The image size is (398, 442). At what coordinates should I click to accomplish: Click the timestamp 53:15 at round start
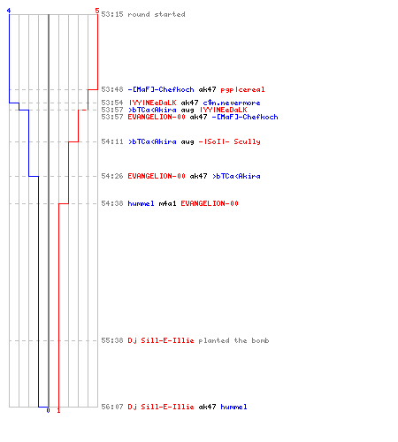click(112, 14)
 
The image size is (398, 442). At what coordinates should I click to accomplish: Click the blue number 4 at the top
click(9, 11)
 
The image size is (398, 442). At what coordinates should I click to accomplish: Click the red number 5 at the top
click(97, 11)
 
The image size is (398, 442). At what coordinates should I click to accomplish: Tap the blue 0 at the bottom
click(48, 410)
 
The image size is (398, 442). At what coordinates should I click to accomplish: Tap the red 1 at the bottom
click(58, 410)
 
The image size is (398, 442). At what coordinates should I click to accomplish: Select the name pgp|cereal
click(242, 89)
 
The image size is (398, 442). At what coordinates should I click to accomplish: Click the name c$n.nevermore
click(232, 103)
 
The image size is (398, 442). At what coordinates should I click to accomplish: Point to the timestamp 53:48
click(112, 89)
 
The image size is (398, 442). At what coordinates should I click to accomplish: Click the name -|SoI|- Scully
click(229, 141)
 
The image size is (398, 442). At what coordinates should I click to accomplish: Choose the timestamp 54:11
click(112, 141)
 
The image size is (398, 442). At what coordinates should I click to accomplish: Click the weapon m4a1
click(167, 203)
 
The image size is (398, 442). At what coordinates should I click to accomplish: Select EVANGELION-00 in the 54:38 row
click(210, 203)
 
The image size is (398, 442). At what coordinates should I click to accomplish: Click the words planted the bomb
click(233, 340)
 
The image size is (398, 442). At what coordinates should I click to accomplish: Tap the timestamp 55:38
click(112, 340)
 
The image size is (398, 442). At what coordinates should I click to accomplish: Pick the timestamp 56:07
click(112, 407)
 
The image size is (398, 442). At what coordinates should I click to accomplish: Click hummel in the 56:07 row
click(233, 407)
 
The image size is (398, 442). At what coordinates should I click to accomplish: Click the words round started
click(157, 14)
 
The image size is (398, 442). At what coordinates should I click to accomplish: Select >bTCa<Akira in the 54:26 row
click(236, 176)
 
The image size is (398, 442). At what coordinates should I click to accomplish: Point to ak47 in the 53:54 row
click(189, 103)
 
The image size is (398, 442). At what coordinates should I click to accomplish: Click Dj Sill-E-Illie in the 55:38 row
click(161, 340)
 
